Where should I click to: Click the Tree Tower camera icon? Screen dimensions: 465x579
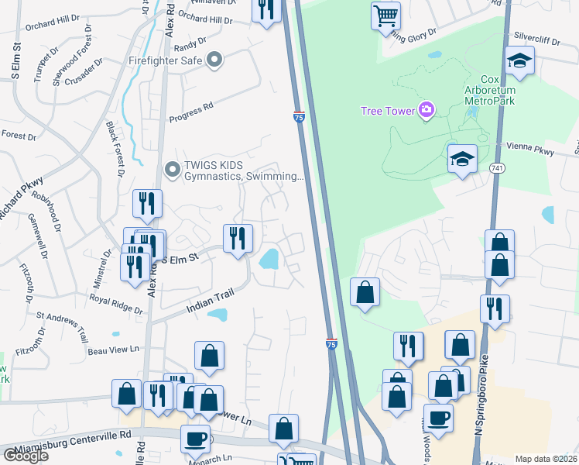coord(426,110)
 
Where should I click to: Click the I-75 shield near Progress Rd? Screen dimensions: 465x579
coord(299,116)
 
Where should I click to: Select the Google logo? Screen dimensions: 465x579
coord(26,456)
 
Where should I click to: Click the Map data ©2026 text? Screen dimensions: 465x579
coord(546,459)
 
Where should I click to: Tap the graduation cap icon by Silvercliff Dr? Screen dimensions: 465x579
coord(519,60)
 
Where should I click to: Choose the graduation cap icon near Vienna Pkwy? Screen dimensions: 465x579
coord(462,158)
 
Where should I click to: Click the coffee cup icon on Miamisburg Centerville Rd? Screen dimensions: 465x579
coord(195,438)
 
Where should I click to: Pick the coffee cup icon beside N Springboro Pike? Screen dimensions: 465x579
coord(440,417)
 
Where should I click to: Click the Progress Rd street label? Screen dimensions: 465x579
coord(190,112)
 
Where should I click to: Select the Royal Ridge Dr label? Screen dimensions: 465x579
coord(116,304)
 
